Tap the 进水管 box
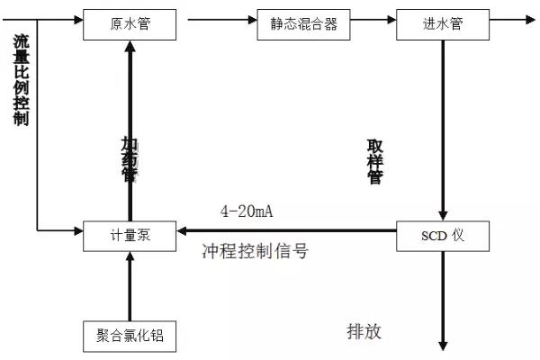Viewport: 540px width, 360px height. [x=441, y=23]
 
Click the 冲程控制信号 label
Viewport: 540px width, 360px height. [x=256, y=252]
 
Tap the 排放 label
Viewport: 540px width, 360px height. [x=364, y=331]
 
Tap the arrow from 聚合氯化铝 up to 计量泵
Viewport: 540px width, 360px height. [x=129, y=285]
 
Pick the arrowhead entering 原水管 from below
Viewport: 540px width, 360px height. [x=129, y=45]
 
